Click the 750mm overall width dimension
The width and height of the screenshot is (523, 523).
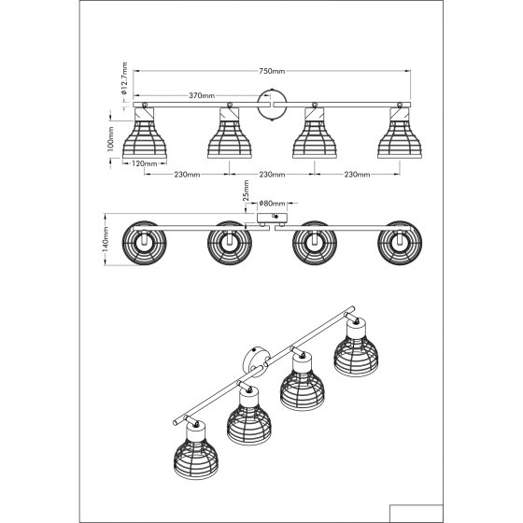(272, 71)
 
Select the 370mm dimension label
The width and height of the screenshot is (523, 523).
(202, 95)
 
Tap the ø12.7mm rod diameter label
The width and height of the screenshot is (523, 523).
(124, 78)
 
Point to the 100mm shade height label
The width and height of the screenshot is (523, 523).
(111, 139)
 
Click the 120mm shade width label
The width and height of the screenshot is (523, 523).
(145, 163)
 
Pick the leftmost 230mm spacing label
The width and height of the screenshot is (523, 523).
(187, 175)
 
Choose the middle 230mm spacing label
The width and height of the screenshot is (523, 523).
(272, 175)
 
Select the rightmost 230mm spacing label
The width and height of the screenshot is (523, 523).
(357, 175)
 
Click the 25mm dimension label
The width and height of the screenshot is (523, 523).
(246, 191)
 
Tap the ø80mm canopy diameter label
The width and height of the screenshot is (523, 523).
(272, 204)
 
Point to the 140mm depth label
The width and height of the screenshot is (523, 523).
(106, 239)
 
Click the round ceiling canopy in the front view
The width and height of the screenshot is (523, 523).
(272, 105)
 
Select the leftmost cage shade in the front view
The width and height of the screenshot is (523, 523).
(145, 134)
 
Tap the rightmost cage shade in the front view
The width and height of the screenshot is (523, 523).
(400, 134)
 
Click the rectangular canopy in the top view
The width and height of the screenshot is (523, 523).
(272, 219)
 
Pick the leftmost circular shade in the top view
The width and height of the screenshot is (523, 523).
(144, 243)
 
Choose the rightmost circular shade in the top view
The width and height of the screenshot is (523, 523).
(400, 243)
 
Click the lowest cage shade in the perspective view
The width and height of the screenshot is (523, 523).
(196, 452)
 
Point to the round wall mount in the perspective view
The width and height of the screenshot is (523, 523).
(254, 361)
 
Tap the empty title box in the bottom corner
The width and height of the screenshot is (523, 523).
(417, 514)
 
